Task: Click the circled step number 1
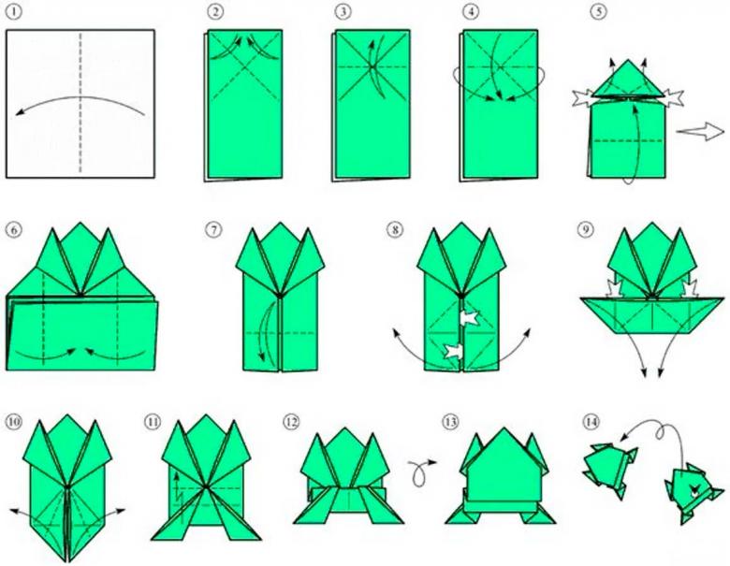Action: coord(14,11)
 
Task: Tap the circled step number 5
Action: coord(599,11)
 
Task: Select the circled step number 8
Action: coord(395,229)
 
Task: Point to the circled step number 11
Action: coord(153,422)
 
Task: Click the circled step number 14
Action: coord(591,422)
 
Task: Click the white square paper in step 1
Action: coord(80,103)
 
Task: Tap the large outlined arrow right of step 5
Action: coord(700,131)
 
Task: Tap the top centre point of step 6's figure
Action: coord(80,223)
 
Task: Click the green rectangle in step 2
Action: coord(245,104)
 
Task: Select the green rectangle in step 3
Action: coord(372,104)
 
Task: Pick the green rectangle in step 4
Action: coord(501,104)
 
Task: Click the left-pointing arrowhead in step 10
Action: coord(14,511)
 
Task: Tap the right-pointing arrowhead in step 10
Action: coord(121,510)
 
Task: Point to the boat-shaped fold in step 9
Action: coord(651,315)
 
